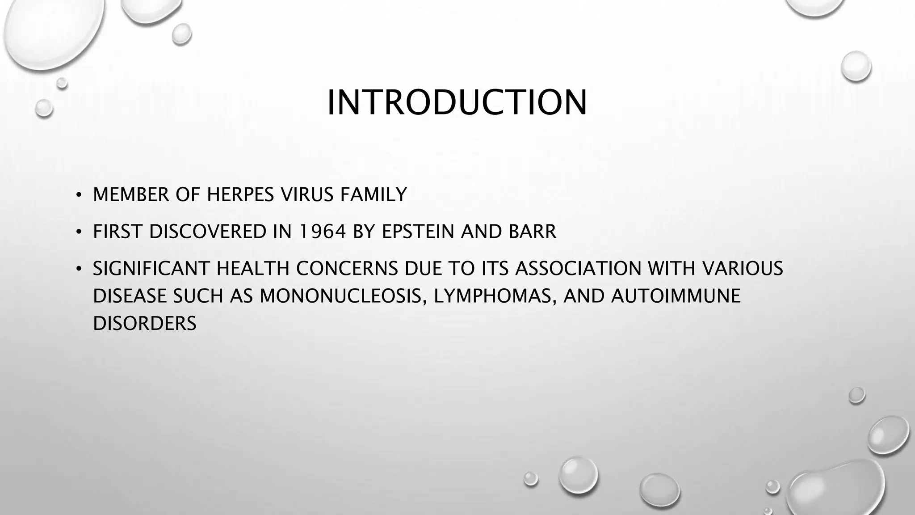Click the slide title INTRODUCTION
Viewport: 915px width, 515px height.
click(x=457, y=103)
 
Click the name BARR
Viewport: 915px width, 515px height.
click(x=532, y=232)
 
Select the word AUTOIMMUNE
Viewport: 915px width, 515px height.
click(x=676, y=296)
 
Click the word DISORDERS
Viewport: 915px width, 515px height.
click(x=145, y=324)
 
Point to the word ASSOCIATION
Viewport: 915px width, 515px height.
click(x=579, y=269)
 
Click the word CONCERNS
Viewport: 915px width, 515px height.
click(x=347, y=269)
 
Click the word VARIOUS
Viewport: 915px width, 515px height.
click(x=743, y=269)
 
